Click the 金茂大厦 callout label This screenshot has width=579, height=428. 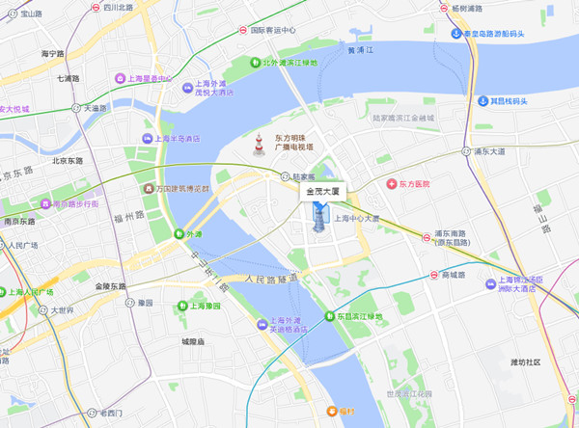tap(323, 192)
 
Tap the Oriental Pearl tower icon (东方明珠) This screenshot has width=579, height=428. tap(259, 146)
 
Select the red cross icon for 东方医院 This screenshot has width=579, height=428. tap(391, 183)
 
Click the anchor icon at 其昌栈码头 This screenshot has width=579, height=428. tap(482, 100)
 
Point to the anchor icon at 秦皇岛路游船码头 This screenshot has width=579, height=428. tap(457, 34)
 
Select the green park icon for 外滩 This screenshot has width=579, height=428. tap(179, 233)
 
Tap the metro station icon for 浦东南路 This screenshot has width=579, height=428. tap(427, 237)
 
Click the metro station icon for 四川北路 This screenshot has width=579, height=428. tap(99, 8)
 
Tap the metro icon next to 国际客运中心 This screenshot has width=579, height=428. tap(243, 30)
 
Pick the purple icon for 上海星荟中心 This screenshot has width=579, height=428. tap(120, 78)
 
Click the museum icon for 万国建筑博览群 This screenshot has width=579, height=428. tap(148, 188)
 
